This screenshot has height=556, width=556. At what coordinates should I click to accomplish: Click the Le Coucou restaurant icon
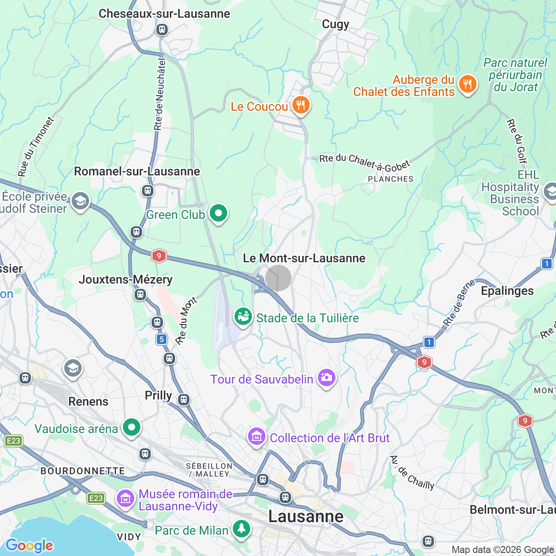tap(300, 105)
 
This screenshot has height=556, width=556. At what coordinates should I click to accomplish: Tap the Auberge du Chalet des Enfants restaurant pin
tap(467, 84)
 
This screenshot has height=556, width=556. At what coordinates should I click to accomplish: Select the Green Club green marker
tap(218, 213)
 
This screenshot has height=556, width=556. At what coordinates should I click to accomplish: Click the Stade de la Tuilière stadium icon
tap(243, 317)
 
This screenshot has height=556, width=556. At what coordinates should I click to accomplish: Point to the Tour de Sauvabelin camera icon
tap(326, 378)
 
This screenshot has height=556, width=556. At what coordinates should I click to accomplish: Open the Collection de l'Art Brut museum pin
tap(256, 436)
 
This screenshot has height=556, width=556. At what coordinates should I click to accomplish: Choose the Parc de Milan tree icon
tap(241, 529)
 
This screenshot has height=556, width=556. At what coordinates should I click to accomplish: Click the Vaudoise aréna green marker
tap(132, 427)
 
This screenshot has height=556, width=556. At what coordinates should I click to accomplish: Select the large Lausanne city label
tap(306, 516)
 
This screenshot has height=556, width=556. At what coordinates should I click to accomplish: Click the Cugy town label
tap(335, 24)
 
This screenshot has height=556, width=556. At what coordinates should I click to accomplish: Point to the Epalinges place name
tap(507, 291)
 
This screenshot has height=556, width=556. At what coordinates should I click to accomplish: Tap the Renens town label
tap(88, 401)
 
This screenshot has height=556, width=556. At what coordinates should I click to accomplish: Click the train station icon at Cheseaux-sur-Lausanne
tap(162, 30)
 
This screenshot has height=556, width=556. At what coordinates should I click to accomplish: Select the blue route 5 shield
tap(162, 339)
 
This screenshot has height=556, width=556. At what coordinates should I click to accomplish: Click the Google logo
tap(30, 545)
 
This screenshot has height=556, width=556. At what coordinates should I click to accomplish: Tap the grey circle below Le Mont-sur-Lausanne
tap(278, 278)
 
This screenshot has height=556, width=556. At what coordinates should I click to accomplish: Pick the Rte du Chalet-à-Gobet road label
tap(364, 161)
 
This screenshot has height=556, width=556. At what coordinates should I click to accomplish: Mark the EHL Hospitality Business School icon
tap(550, 191)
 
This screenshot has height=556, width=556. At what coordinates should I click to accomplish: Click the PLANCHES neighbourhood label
tap(391, 179)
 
